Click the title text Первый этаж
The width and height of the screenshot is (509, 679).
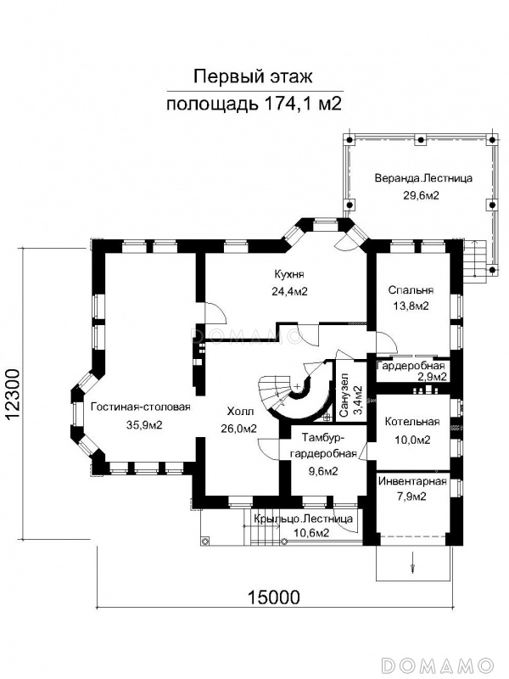click(x=252, y=77)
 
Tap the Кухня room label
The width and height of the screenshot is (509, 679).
click(x=289, y=274)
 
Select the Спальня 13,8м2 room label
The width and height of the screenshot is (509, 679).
click(x=411, y=298)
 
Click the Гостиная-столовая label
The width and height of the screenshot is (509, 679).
click(x=141, y=407)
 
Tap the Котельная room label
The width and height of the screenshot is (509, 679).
click(x=412, y=422)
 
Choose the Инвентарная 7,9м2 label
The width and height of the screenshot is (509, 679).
click(x=412, y=489)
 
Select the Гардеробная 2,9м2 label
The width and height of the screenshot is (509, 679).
click(x=411, y=371)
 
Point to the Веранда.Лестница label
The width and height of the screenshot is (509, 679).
click(x=423, y=178)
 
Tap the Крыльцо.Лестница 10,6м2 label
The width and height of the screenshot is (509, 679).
click(x=303, y=525)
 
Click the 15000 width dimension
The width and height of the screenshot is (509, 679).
click(x=273, y=598)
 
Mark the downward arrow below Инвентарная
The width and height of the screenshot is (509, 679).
click(x=412, y=562)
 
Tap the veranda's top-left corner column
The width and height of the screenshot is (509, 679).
click(x=350, y=140)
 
